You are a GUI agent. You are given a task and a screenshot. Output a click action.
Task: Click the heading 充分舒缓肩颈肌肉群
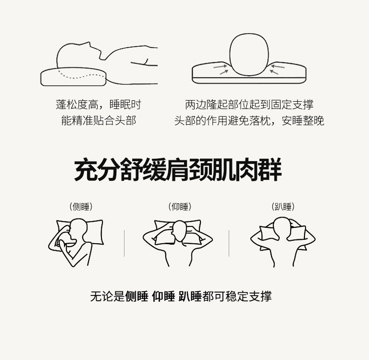(178, 169)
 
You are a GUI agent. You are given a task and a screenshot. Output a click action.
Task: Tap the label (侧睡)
(81, 206)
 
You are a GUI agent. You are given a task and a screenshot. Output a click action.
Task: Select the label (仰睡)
(180, 206)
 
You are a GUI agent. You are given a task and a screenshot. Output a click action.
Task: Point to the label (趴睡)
(283, 206)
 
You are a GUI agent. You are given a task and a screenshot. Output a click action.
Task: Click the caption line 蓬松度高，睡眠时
(99, 105)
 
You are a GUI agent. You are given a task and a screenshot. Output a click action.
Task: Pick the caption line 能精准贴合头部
(99, 120)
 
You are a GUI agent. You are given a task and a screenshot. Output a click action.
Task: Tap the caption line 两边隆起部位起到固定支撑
(249, 105)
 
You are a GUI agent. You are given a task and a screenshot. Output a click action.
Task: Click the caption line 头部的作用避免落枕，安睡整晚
(249, 120)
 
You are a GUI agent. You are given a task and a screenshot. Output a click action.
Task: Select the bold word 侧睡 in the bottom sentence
(137, 296)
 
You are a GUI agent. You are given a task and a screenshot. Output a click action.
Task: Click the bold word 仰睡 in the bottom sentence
(163, 296)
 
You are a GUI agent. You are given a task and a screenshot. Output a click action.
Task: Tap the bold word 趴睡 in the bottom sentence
(190, 296)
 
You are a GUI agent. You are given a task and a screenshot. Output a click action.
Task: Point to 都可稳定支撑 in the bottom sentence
(237, 296)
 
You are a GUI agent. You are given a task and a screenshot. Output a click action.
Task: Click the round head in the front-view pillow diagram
(249, 55)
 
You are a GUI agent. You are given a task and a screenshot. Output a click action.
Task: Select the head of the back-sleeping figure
(180, 231)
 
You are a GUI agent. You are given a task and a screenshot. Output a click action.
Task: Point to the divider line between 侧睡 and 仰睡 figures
(124, 243)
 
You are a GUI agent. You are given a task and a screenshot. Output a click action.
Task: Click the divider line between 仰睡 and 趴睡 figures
(229, 243)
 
